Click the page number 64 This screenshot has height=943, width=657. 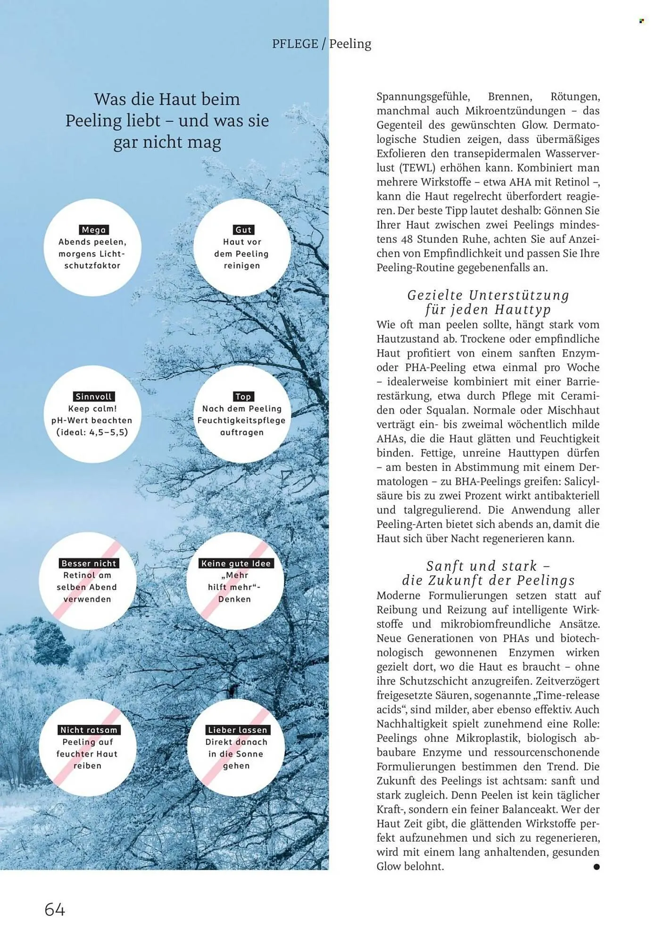55,909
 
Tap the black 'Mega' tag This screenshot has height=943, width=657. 94,230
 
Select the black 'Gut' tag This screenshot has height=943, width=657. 243,230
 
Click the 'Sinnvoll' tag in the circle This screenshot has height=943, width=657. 94,397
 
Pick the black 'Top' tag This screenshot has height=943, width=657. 243,397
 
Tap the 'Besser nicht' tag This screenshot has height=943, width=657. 89,563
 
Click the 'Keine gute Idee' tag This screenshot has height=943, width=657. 236,563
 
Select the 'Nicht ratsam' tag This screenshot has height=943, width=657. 89,730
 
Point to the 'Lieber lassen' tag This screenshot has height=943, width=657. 237,730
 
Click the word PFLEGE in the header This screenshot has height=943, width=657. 295,44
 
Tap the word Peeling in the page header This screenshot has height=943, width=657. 350,44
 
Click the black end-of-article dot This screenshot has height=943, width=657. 597,867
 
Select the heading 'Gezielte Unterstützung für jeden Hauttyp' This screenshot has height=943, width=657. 488,302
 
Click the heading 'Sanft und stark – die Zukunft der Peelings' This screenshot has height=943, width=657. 488,573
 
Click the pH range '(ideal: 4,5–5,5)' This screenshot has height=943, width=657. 92,432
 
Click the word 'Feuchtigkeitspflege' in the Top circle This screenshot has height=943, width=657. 241,421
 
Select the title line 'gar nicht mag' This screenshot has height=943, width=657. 167,142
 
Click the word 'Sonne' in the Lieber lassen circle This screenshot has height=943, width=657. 250,754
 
